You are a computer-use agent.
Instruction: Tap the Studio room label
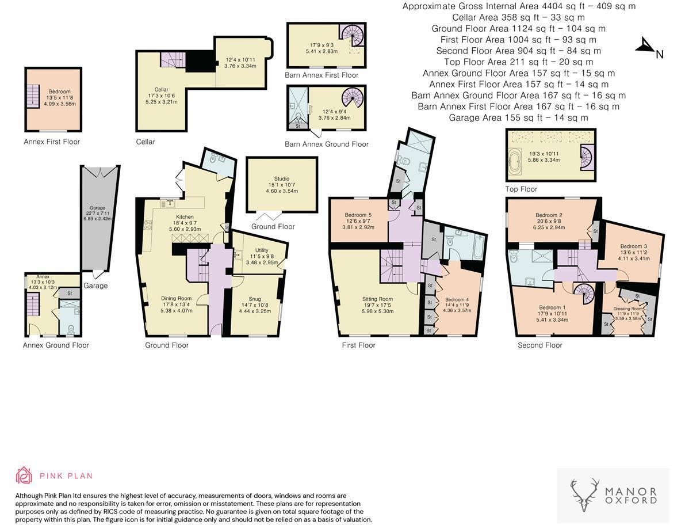click(x=281, y=179)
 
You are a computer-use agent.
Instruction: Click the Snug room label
click(x=255, y=299)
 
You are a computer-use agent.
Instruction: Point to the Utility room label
click(x=261, y=250)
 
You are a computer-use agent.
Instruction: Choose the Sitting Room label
click(x=377, y=299)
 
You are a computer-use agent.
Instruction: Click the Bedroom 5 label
click(x=359, y=215)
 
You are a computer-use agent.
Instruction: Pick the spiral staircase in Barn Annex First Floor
click(x=349, y=35)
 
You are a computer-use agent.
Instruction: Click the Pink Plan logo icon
click(x=24, y=475)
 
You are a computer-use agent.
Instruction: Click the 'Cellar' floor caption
click(x=146, y=142)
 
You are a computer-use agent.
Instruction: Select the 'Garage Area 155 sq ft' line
click(x=518, y=117)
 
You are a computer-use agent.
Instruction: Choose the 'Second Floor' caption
click(x=539, y=345)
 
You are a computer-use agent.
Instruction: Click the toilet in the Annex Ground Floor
click(x=70, y=329)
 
